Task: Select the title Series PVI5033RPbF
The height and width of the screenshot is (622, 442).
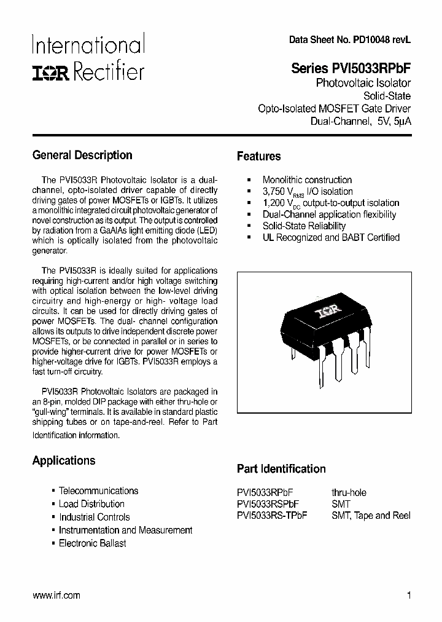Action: [351, 69]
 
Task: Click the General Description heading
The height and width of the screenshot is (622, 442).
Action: [82, 155]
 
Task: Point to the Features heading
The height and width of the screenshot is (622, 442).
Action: [258, 157]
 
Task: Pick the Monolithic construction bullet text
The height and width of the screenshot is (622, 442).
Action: [307, 180]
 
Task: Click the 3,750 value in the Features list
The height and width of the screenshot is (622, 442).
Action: [274, 191]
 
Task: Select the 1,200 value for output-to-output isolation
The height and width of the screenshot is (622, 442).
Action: [274, 203]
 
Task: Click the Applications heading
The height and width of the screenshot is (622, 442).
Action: [64, 460]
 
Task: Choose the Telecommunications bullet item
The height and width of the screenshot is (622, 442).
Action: [98, 490]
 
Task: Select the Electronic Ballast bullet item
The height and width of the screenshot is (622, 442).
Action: [92, 543]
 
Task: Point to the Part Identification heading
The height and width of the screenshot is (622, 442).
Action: [281, 469]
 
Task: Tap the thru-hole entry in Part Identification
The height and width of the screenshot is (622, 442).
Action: [349, 493]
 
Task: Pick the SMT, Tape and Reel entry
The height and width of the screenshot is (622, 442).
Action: [371, 516]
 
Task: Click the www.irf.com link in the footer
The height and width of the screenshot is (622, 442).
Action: [56, 595]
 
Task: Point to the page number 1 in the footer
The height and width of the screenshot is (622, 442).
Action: [408, 595]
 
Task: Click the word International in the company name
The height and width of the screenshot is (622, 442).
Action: [88, 46]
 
